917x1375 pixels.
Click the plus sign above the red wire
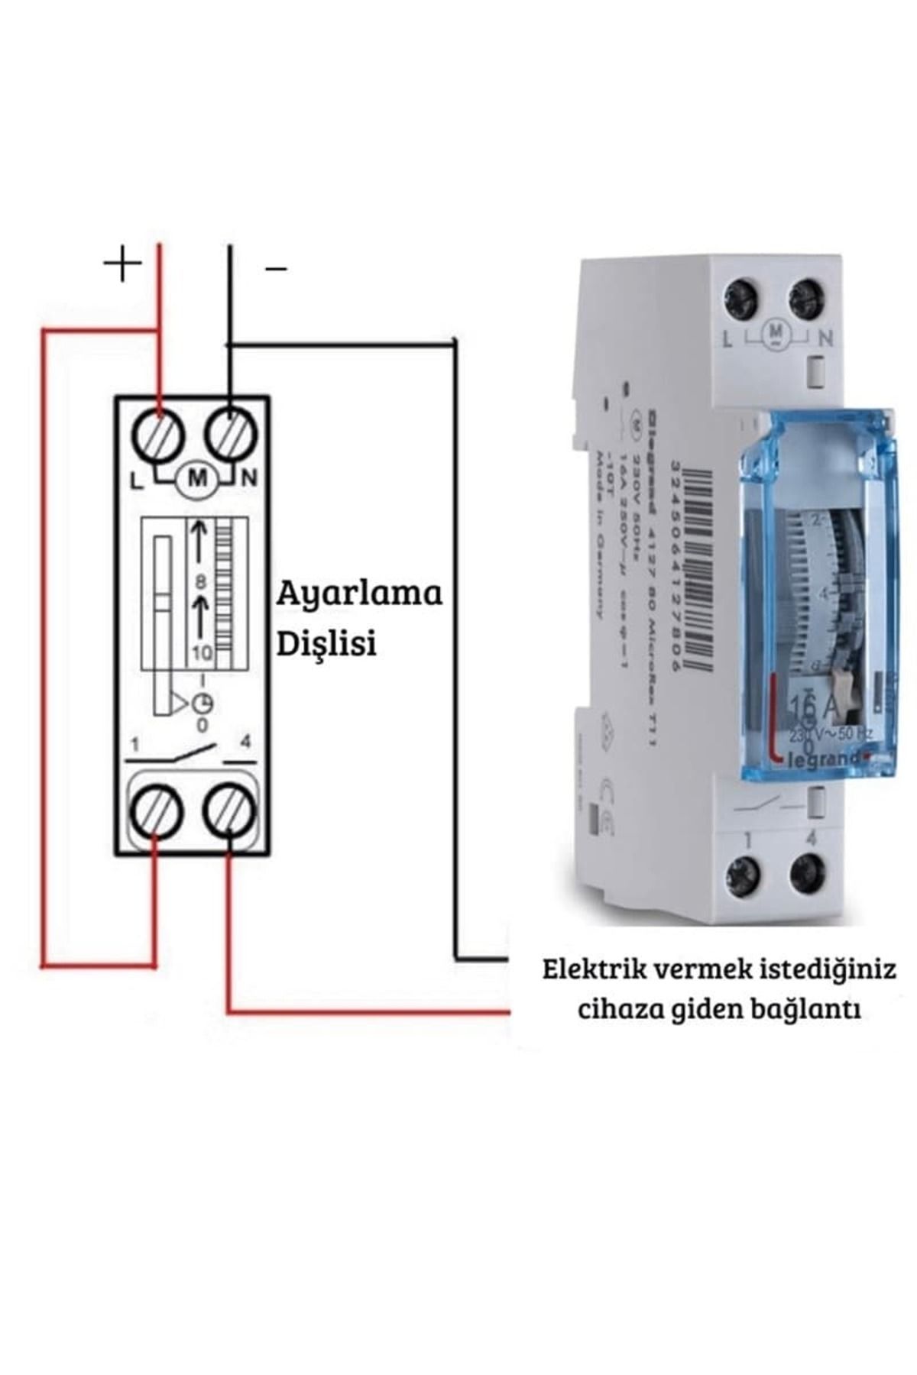coord(123,264)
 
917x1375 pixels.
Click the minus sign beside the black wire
coord(276,269)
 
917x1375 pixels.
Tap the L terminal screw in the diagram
coord(158,435)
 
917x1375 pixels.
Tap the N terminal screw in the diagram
coord(231,434)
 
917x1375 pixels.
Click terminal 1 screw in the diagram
coord(156,812)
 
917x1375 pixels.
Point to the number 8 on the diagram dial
coord(201,582)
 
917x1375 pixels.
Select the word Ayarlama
coord(359,594)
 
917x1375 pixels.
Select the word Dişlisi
coord(326,644)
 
